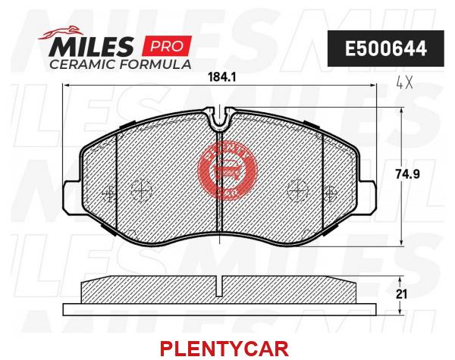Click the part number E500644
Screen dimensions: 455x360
[x=386, y=49]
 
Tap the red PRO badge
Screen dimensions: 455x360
[x=167, y=45]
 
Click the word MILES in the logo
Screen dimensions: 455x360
[x=91, y=46]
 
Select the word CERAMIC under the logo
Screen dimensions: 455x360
[x=83, y=64]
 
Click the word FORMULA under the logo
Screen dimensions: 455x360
[x=155, y=64]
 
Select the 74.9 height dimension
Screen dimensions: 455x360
[x=408, y=174]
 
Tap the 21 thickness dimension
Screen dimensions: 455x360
[x=402, y=294]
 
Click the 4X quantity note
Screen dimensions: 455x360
[x=404, y=83]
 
